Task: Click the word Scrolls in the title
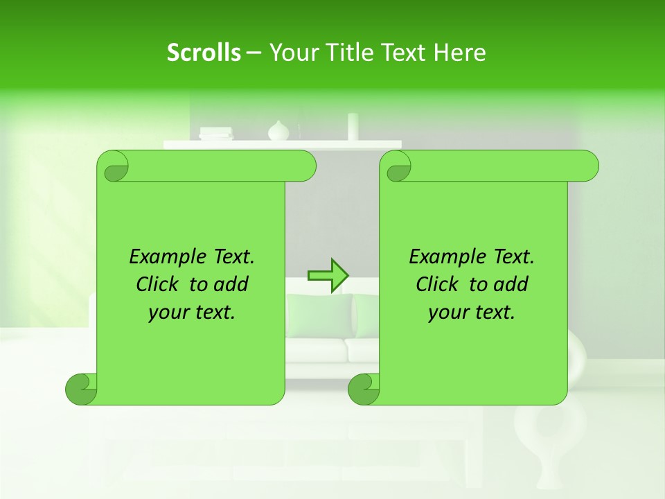[204, 53]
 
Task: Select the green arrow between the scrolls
[328, 275]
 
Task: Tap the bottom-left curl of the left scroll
[81, 389]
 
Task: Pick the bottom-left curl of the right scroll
[364, 389]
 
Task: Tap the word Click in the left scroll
[157, 284]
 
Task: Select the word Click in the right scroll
[437, 284]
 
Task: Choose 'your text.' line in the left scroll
[192, 313]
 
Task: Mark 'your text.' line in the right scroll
[472, 313]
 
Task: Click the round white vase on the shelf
[278, 130]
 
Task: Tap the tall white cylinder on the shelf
[353, 127]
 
